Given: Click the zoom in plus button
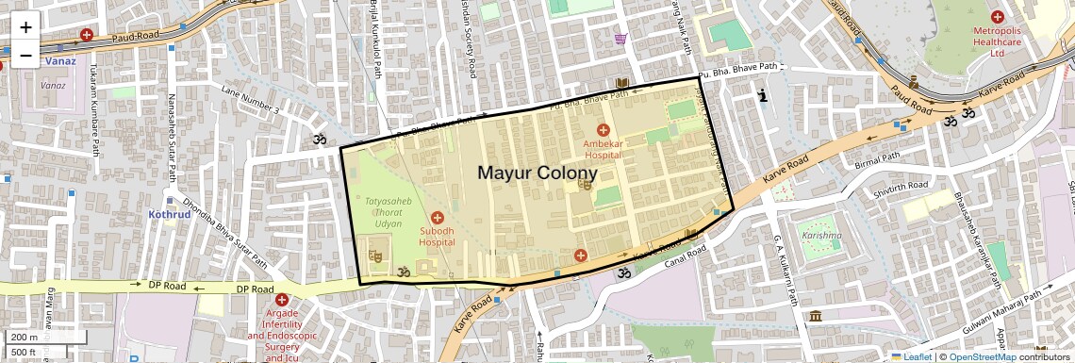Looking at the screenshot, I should (x=25, y=28).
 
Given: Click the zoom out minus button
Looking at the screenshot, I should (x=25, y=56).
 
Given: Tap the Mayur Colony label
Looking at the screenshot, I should (x=537, y=173).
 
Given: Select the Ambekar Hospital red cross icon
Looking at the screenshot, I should (x=604, y=129).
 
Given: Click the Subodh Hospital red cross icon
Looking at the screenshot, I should (x=438, y=219).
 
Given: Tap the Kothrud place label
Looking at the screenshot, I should (x=170, y=214).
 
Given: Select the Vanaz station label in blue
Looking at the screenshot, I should (x=62, y=61).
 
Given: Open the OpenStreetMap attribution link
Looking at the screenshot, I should (x=982, y=356).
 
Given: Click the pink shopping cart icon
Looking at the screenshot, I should (x=620, y=39).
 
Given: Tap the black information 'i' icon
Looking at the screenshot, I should (x=763, y=95).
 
